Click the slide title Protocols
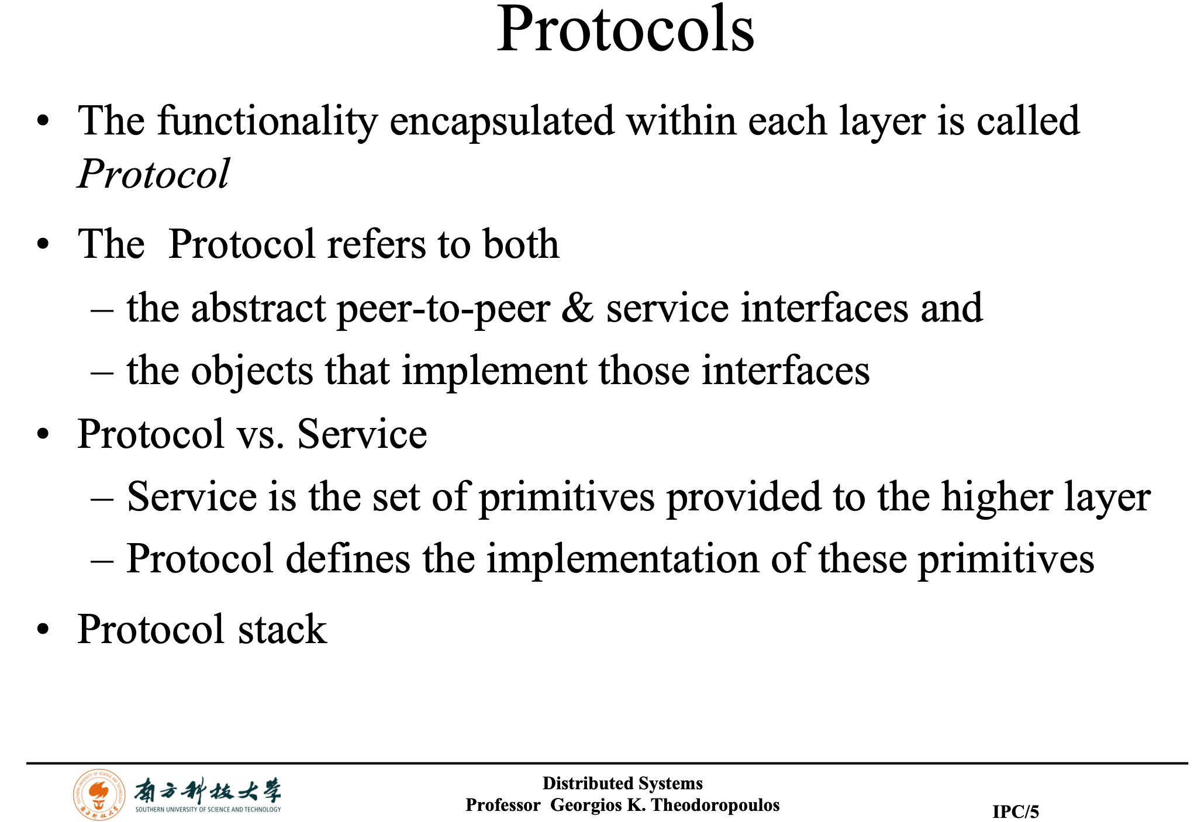[625, 29]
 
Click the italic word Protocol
[154, 174]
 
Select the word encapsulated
[502, 122]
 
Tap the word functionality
[268, 122]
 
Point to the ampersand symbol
[578, 308]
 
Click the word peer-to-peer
[444, 309]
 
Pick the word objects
[253, 372]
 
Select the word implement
[495, 372]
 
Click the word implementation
[623, 560]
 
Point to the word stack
[282, 630]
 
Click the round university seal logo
[99, 795]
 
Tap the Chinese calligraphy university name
[208, 790]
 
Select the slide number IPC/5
[1016, 811]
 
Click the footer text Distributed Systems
[622, 783]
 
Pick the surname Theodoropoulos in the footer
[715, 805]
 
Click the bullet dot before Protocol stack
[43, 630]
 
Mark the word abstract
[258, 308]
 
